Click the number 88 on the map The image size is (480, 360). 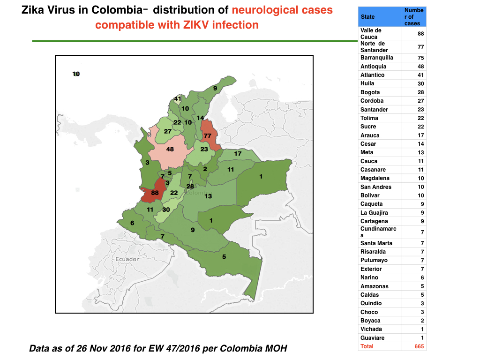[155, 193]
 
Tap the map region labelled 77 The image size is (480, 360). [210, 135]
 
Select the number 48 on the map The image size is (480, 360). [170, 149]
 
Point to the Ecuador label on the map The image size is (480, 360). [127, 259]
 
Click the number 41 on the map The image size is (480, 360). [178, 98]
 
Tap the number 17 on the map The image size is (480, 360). [238, 154]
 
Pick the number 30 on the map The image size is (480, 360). [166, 210]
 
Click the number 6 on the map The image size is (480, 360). [132, 223]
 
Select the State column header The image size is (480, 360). [367, 17]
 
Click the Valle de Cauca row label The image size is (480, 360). [371, 34]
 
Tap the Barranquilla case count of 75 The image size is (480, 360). [420, 58]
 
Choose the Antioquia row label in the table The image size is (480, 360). [373, 67]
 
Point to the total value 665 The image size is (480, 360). [419, 346]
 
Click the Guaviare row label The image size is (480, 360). [372, 338]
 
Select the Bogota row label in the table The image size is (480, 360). [370, 92]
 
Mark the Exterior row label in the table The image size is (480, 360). [371, 269]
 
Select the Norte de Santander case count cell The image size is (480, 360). [414, 47]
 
